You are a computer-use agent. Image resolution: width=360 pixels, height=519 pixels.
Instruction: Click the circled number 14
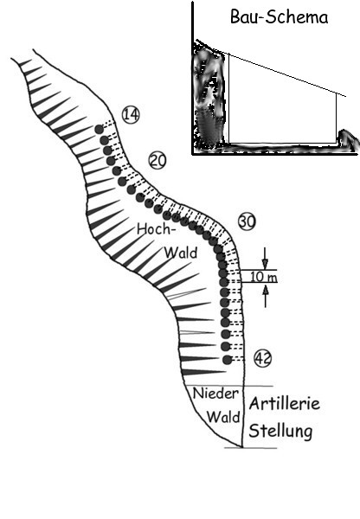[131, 115]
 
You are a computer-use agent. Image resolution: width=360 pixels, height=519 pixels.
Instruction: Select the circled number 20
[157, 161]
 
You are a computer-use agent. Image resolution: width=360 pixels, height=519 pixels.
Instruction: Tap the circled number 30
[247, 221]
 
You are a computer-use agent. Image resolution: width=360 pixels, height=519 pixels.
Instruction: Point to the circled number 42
[262, 358]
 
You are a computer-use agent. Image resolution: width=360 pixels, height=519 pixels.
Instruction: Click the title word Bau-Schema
[280, 17]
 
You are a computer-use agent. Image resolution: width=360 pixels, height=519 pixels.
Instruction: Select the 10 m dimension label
[264, 277]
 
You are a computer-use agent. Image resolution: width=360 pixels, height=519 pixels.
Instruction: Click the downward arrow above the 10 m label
[265, 258]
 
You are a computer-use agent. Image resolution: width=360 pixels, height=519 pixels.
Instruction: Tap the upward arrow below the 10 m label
[265, 296]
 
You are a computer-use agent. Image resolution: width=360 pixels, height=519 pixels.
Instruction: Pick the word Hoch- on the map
[156, 229]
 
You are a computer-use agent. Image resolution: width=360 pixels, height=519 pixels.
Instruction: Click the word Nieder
[215, 394]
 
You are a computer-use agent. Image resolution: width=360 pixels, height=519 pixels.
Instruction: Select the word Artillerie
[285, 403]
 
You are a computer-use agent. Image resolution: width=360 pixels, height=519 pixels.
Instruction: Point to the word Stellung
[280, 432]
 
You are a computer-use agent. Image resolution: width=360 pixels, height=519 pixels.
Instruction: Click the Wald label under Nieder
[223, 417]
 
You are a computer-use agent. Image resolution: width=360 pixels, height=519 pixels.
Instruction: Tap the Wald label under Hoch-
[181, 253]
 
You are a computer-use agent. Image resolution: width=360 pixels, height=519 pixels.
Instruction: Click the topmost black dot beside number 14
[99, 129]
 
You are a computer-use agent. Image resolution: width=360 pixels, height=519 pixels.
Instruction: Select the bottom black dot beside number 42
[227, 360]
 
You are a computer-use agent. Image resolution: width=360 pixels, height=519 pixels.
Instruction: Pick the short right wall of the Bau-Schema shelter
[337, 118]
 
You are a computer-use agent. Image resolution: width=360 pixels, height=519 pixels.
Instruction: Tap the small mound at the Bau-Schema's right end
[349, 139]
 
